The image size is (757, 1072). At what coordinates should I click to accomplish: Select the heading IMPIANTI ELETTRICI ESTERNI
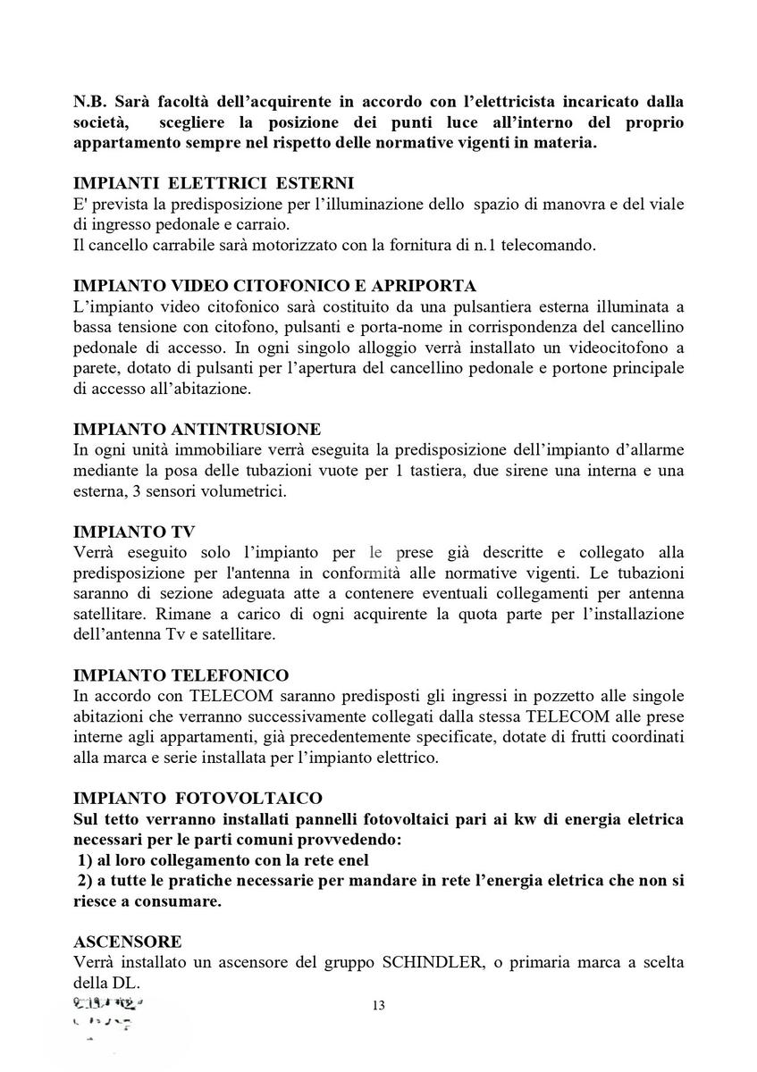(214, 183)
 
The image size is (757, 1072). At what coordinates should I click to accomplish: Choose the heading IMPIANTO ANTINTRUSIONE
(197, 429)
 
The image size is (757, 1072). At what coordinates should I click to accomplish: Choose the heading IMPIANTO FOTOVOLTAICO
(198, 797)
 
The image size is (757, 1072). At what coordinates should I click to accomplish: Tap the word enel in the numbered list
(349, 858)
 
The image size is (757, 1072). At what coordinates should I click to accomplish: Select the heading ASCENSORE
(127, 942)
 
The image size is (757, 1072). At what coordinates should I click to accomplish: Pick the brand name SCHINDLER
(437, 962)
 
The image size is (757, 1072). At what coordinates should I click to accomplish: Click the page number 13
(378, 1005)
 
